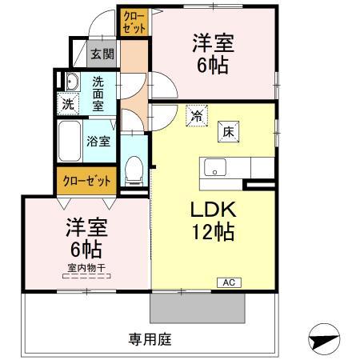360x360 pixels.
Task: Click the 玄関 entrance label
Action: pos(102,55)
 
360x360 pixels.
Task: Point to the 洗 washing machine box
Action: pos(70,103)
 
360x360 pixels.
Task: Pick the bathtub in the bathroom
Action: pos(70,142)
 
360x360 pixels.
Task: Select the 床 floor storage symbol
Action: pos(227,131)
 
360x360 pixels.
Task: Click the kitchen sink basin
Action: pos(215,168)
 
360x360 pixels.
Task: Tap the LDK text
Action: pos(212,210)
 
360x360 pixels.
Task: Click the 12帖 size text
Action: pos(212,234)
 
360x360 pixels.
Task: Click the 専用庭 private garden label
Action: pos(150,338)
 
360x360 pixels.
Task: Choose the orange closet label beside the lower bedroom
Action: pos(87,180)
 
